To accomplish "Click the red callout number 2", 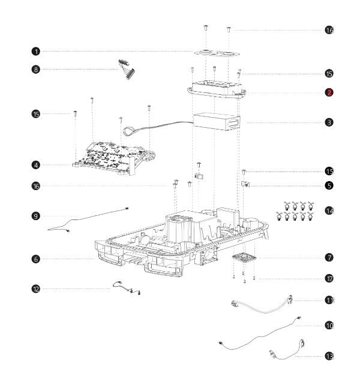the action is coord(329,92).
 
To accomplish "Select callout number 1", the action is coord(36,52).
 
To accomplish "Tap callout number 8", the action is coord(36,70).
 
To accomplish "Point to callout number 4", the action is coord(36,165).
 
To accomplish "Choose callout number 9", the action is coord(36,216).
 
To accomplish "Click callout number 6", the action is coord(36,258).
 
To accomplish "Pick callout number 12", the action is coord(36,289).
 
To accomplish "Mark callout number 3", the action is coord(329,122).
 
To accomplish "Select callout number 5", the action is coord(329,186).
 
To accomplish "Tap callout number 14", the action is coord(329,210).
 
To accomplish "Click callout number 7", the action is coord(329,257).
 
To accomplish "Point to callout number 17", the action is coord(329,278).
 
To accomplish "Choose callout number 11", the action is coord(329,300).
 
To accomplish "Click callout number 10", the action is coord(329,326).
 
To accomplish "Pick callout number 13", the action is coord(329,356).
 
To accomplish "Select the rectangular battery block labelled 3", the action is coord(217,121).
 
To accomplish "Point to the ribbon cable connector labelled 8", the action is coord(127,69).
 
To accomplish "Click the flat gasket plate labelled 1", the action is coord(217,53).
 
